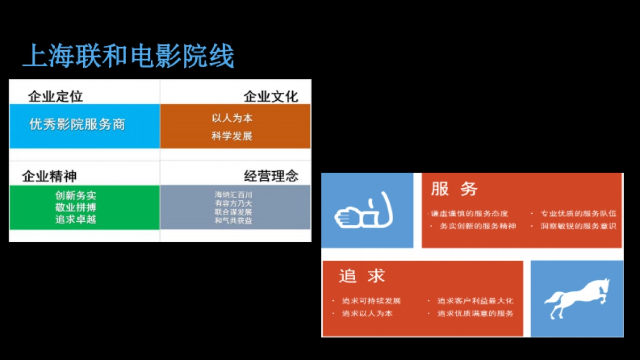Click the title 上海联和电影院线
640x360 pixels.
(x=129, y=57)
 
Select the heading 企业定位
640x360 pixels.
(x=55, y=97)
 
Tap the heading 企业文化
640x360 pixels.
(x=270, y=97)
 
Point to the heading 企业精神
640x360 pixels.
(x=49, y=177)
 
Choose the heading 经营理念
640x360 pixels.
(x=271, y=177)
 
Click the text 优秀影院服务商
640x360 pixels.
(x=77, y=124)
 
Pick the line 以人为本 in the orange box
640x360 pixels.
(x=232, y=118)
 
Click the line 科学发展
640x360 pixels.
(x=232, y=136)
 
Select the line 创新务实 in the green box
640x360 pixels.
(x=76, y=196)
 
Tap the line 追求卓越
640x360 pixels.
(x=76, y=219)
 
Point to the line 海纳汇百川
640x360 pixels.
(x=234, y=195)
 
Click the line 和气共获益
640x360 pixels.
(x=234, y=220)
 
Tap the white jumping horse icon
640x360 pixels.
(x=576, y=298)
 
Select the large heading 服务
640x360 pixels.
(x=454, y=189)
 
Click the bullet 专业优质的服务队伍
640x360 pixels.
(x=579, y=213)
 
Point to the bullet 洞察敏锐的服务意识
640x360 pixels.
(x=579, y=226)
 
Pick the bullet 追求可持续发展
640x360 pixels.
(x=371, y=301)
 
